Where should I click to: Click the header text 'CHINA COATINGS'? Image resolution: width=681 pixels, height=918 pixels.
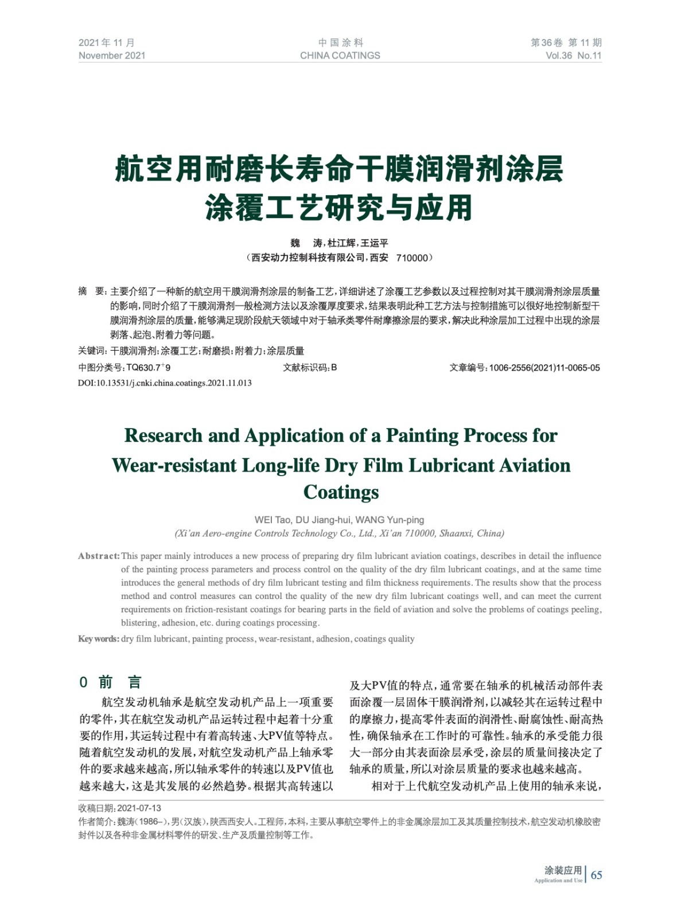click(340, 56)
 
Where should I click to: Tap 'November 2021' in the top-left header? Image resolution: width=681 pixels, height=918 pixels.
click(112, 56)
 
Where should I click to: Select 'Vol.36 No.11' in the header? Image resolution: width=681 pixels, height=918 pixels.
click(573, 56)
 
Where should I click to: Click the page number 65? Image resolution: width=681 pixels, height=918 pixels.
click(597, 875)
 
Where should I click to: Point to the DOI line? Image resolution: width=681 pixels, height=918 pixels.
click(165, 383)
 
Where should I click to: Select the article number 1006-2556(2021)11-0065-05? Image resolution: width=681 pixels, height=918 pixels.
click(544, 368)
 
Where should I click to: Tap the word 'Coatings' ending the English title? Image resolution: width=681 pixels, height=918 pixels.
click(341, 492)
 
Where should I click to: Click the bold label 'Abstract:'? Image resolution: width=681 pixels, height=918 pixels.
click(99, 556)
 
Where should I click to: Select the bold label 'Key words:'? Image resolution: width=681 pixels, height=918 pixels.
click(99, 639)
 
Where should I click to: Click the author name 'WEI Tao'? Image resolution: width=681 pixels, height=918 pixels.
click(273, 520)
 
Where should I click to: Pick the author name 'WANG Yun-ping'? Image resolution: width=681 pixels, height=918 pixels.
click(390, 520)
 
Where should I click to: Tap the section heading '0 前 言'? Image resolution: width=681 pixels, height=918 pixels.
click(110, 682)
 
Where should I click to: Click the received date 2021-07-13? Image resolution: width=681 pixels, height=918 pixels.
click(139, 808)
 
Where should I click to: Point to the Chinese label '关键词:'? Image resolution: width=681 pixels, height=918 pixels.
click(92, 351)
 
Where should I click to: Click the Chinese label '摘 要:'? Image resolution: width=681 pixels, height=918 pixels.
click(92, 291)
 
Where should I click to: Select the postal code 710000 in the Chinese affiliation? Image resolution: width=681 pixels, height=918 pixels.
click(412, 258)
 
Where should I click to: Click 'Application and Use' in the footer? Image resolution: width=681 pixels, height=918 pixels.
click(558, 881)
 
